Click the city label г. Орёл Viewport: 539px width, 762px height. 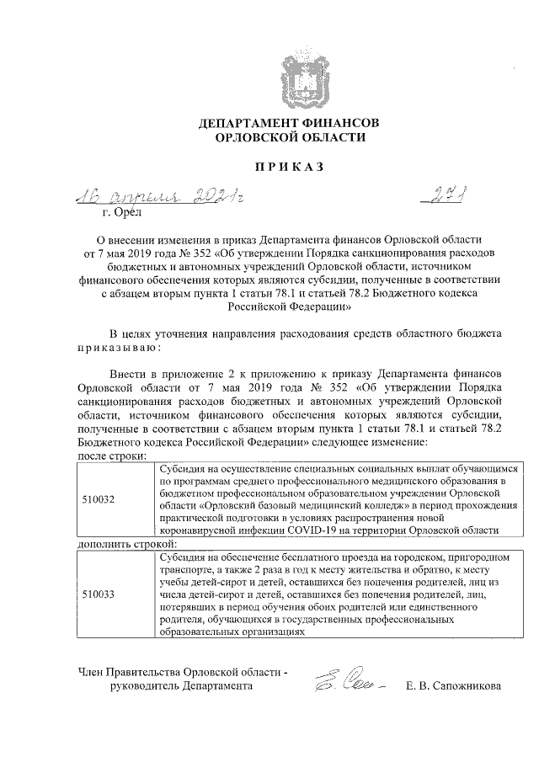click(x=106, y=214)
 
